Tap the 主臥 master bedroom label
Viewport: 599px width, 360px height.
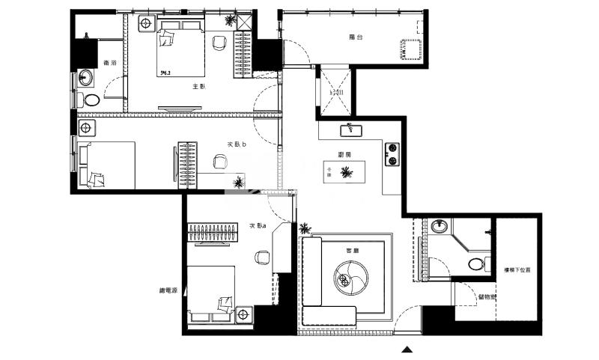pyautogui.click(x=198, y=87)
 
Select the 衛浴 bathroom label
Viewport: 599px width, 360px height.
pyautogui.click(x=109, y=63)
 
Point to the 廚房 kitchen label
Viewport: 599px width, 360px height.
pyautogui.click(x=345, y=155)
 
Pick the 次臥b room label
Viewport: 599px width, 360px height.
pyautogui.click(x=237, y=144)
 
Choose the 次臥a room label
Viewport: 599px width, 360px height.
pyautogui.click(x=257, y=226)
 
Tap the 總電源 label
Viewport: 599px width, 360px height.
pyautogui.click(x=168, y=290)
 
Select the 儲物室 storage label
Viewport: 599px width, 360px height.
pyautogui.click(x=487, y=296)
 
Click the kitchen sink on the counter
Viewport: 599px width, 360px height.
pyautogui.click(x=350, y=130)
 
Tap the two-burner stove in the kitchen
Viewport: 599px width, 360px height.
pyautogui.click(x=392, y=153)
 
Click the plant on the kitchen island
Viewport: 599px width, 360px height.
pyautogui.click(x=345, y=173)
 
